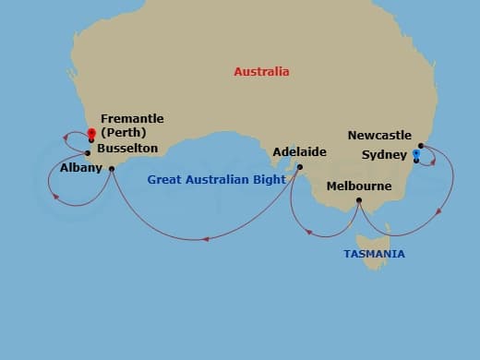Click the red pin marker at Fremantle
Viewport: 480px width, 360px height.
click(x=91, y=133)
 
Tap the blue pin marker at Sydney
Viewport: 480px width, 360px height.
click(x=416, y=153)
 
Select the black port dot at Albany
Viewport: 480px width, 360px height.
click(x=110, y=168)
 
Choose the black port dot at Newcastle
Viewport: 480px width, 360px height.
click(x=421, y=145)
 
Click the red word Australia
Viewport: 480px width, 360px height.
click(x=261, y=71)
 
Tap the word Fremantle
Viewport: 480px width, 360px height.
click(x=132, y=119)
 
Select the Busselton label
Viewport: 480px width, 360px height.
click(x=126, y=148)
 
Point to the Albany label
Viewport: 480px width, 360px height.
click(x=80, y=169)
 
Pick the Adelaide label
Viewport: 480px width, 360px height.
click(x=299, y=152)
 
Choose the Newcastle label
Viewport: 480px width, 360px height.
click(x=379, y=136)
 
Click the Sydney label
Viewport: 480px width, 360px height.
click(x=382, y=154)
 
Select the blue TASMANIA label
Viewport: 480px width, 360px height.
click(x=374, y=253)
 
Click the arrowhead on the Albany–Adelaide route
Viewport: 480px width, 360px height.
click(x=206, y=239)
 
